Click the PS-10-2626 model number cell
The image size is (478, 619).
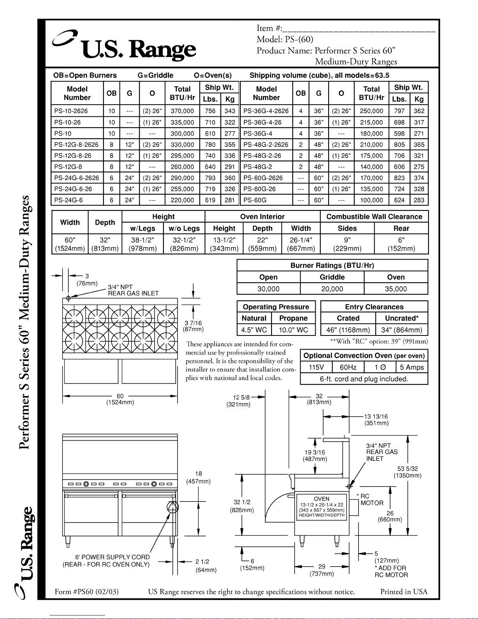(x=71, y=111)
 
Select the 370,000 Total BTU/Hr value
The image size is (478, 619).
(x=182, y=111)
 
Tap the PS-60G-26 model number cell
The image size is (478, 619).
(x=259, y=189)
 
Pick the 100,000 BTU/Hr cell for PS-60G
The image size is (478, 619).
(x=371, y=200)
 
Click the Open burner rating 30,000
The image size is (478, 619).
(x=268, y=289)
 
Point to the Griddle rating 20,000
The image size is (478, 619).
(x=332, y=289)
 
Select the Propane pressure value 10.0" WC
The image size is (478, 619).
(x=293, y=330)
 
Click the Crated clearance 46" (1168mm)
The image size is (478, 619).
(x=348, y=330)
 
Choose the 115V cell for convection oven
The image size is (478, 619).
(x=316, y=367)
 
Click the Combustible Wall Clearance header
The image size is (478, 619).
(x=374, y=217)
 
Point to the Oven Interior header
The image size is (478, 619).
(x=262, y=217)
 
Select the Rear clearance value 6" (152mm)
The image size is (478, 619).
(x=401, y=244)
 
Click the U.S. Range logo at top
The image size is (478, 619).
(x=125, y=48)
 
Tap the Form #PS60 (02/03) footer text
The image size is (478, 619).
(x=87, y=592)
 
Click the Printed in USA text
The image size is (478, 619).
(x=404, y=592)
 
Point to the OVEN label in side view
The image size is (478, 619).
(x=322, y=499)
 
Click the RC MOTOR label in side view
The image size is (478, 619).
(x=371, y=500)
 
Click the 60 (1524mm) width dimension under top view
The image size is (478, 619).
(x=120, y=399)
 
